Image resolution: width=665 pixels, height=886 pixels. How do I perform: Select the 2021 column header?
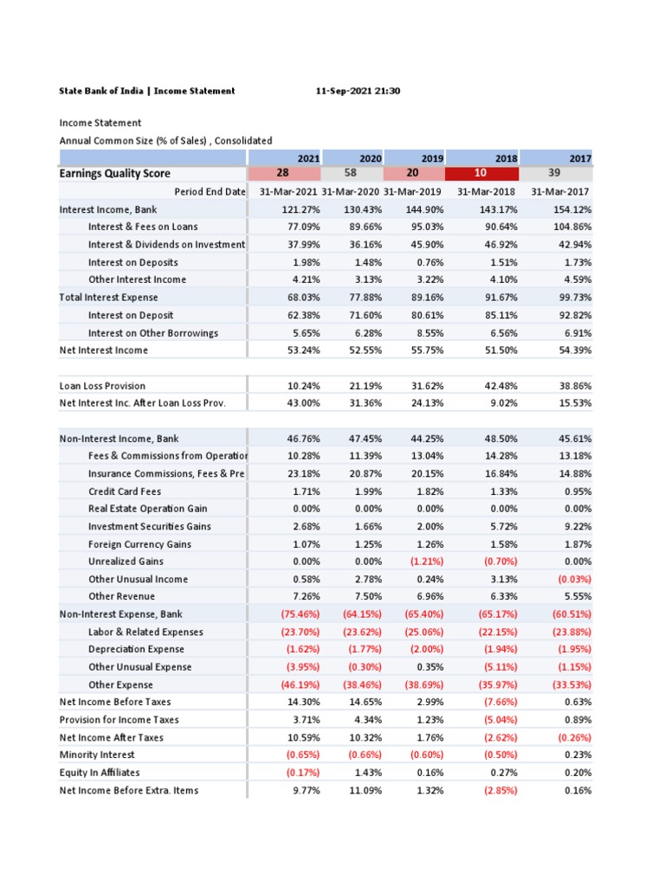tap(307, 158)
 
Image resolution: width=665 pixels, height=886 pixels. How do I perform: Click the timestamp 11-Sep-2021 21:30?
tap(358, 91)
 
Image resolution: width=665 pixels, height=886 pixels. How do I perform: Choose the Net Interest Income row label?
tap(103, 350)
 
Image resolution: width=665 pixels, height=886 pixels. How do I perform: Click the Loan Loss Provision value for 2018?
tap(499, 386)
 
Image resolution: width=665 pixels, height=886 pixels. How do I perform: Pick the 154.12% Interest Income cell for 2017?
tap(572, 210)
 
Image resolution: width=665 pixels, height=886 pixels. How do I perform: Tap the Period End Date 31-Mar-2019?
tap(412, 192)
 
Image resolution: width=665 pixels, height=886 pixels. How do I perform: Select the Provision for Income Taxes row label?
tap(119, 720)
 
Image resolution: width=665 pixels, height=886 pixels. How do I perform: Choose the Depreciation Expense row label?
tap(136, 650)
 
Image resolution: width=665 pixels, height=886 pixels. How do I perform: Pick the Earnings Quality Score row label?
tap(114, 174)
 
